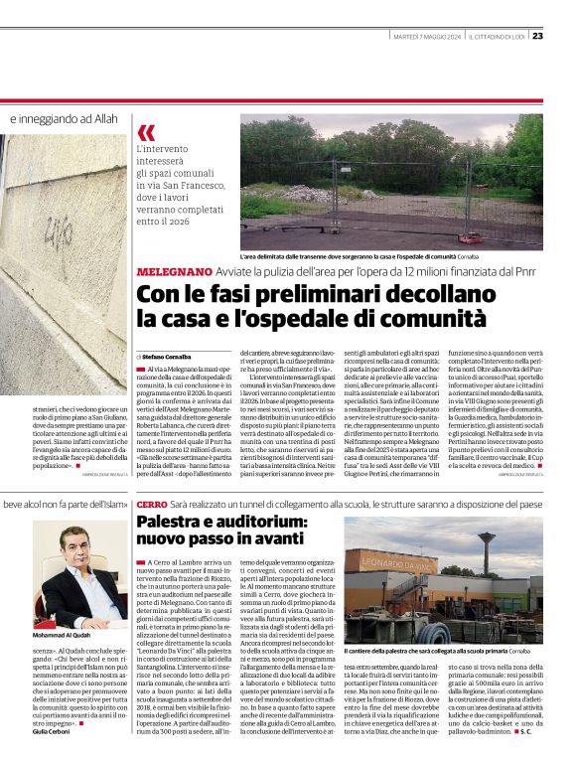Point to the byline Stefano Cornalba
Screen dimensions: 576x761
pyautogui.click(x=166, y=356)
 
